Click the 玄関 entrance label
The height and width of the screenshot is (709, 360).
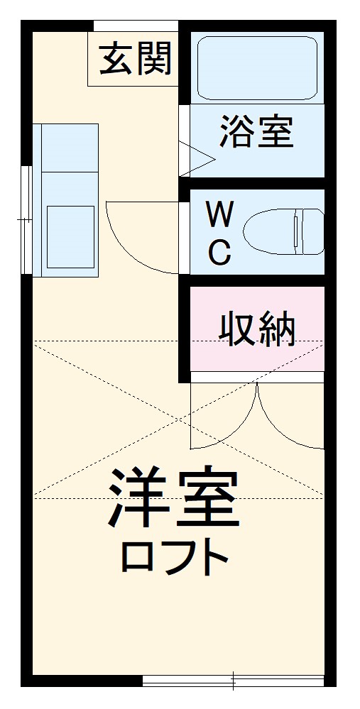pos(135,59)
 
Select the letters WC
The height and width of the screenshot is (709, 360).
pos(219,231)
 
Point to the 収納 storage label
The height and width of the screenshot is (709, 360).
pos(256,328)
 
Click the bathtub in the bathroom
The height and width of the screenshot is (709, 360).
pos(256,67)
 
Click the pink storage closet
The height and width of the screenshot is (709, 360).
pos(256,328)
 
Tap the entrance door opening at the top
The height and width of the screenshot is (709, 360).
pos(135,26)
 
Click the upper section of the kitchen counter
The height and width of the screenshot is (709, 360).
pos(70,148)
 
